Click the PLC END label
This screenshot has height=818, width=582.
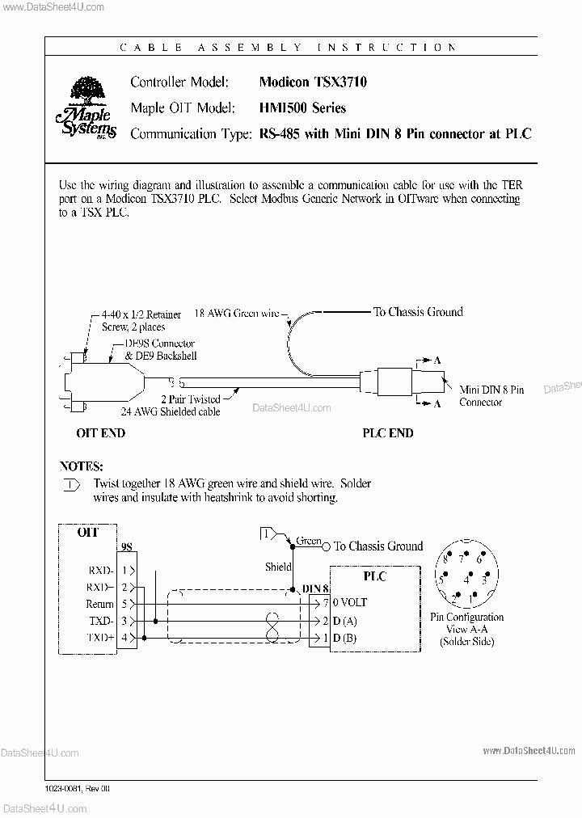coord(387,433)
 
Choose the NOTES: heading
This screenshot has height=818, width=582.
coord(82,466)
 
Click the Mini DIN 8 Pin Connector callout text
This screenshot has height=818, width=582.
coord(491,396)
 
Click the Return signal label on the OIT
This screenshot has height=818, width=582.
coord(99,604)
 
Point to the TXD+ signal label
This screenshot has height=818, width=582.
coord(99,639)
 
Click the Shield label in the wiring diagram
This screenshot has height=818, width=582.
coord(278,567)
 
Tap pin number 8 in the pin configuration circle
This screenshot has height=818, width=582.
coord(444,559)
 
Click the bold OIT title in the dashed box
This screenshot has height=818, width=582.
coord(87,532)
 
